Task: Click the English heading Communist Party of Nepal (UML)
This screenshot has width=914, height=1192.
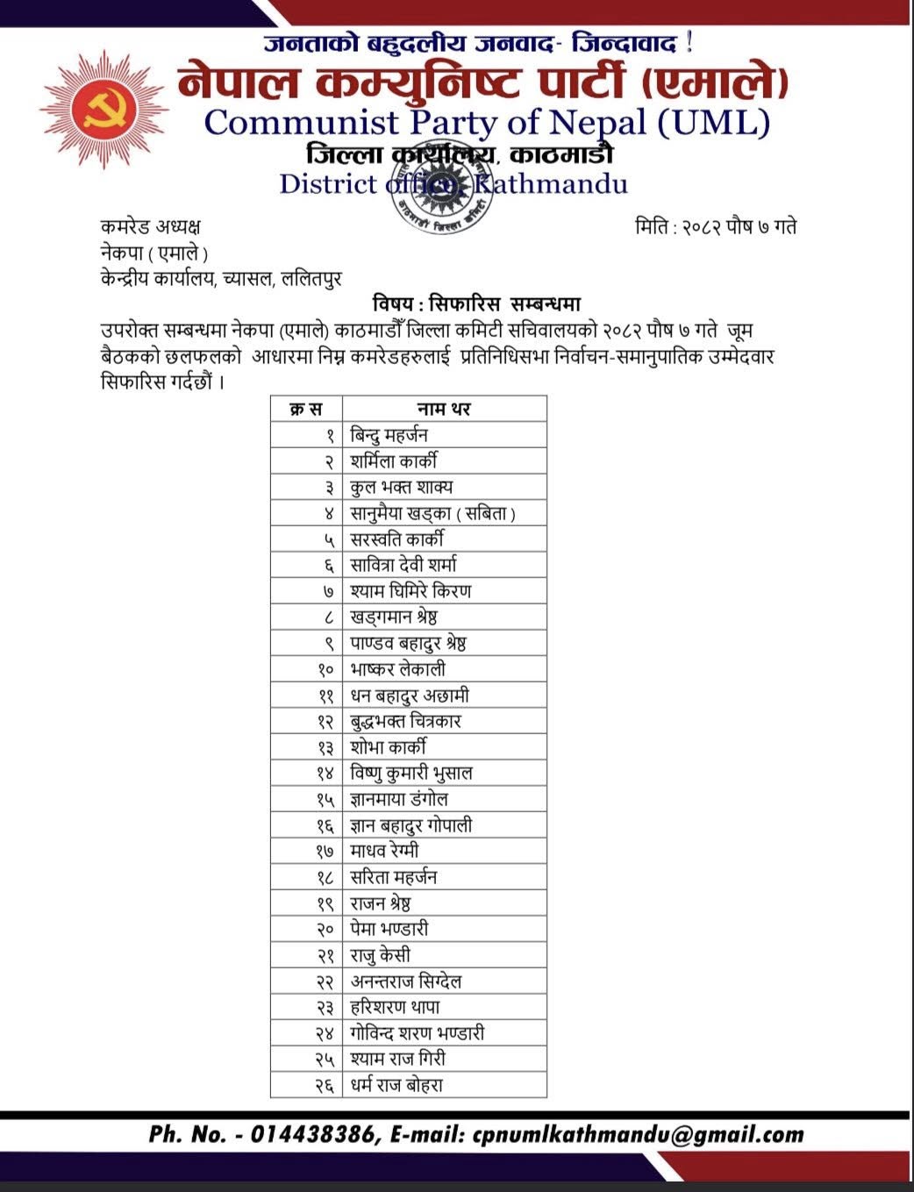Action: point(487,122)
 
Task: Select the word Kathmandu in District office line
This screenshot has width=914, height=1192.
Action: point(551,184)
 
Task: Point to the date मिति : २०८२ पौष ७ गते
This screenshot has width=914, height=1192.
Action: point(715,227)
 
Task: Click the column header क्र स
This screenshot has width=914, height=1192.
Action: point(306,409)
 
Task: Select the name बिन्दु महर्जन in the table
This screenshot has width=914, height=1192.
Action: point(389,435)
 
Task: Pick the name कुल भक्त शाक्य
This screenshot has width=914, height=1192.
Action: point(401,487)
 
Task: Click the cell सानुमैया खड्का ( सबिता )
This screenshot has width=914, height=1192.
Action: point(432,513)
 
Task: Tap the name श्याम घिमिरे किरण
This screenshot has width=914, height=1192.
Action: point(410,591)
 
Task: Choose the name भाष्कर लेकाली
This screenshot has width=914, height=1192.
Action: point(397,669)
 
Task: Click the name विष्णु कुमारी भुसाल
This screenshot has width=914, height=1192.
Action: point(411,774)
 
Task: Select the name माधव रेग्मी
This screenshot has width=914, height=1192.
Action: point(384,851)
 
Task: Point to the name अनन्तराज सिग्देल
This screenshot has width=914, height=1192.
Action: point(406,981)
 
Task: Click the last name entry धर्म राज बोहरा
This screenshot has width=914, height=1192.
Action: point(396,1085)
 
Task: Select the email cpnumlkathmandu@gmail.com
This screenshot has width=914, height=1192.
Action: point(637,1134)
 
